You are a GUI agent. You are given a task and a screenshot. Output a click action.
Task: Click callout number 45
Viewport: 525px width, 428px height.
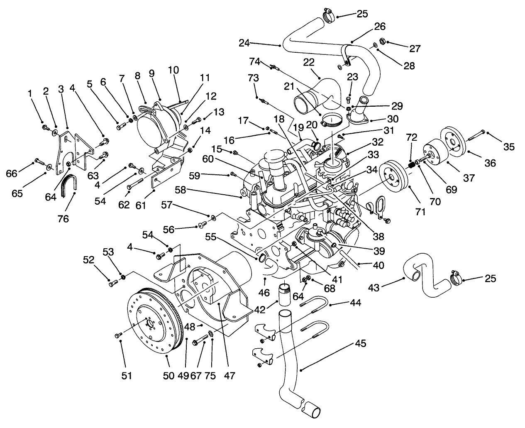tap(360, 344)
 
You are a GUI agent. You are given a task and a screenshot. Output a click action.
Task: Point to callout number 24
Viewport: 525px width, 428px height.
tap(245, 42)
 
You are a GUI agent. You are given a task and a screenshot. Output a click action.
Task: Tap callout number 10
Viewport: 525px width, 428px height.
tap(173, 70)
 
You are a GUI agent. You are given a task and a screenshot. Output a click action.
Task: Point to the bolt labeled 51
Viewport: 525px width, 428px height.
tap(116, 335)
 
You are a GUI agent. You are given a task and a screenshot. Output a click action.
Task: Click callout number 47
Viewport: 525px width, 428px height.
tap(229, 376)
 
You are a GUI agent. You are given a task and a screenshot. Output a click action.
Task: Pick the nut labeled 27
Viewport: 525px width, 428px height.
tap(383, 42)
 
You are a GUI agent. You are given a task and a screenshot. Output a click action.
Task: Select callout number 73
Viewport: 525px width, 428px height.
tap(253, 78)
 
